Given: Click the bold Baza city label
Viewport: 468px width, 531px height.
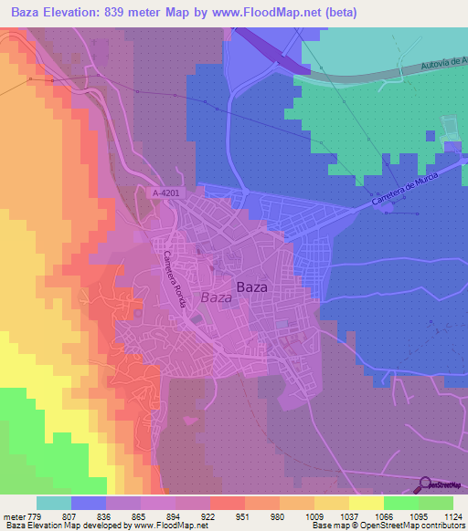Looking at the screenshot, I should tap(251, 286).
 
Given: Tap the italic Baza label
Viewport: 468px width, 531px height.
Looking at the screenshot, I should tap(216, 297).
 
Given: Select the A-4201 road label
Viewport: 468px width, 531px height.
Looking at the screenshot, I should tap(165, 192).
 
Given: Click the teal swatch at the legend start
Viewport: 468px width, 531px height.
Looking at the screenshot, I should tap(54, 503).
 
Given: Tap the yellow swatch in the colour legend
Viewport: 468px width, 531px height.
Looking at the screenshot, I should tap(367, 503).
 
